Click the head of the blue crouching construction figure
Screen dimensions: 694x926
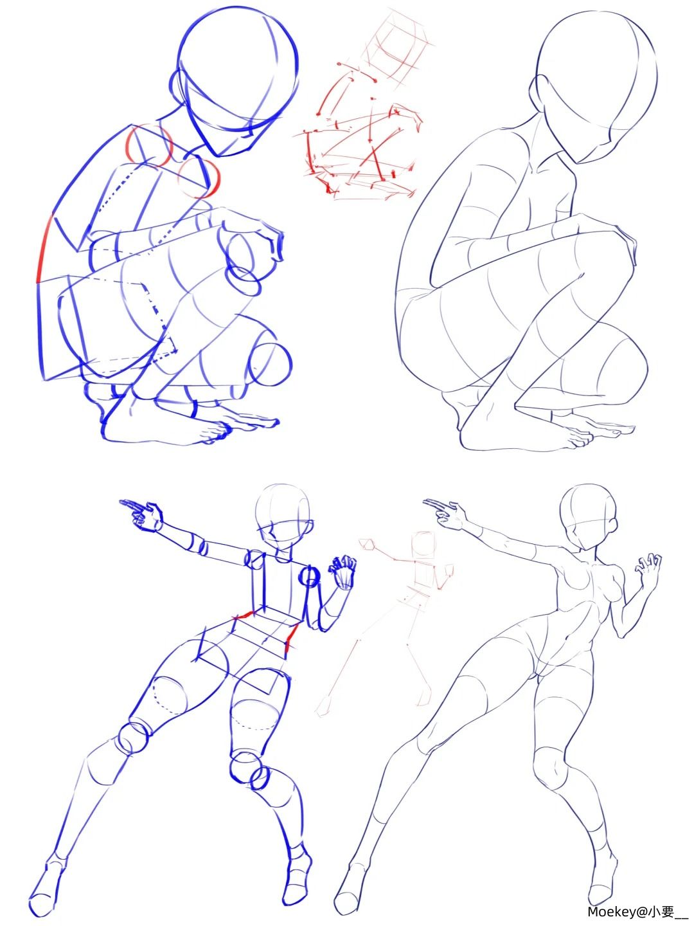click(237, 81)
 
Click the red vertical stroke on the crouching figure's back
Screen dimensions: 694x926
click(44, 249)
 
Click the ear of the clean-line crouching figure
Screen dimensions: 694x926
click(536, 91)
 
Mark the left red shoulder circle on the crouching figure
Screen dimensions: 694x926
click(150, 145)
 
